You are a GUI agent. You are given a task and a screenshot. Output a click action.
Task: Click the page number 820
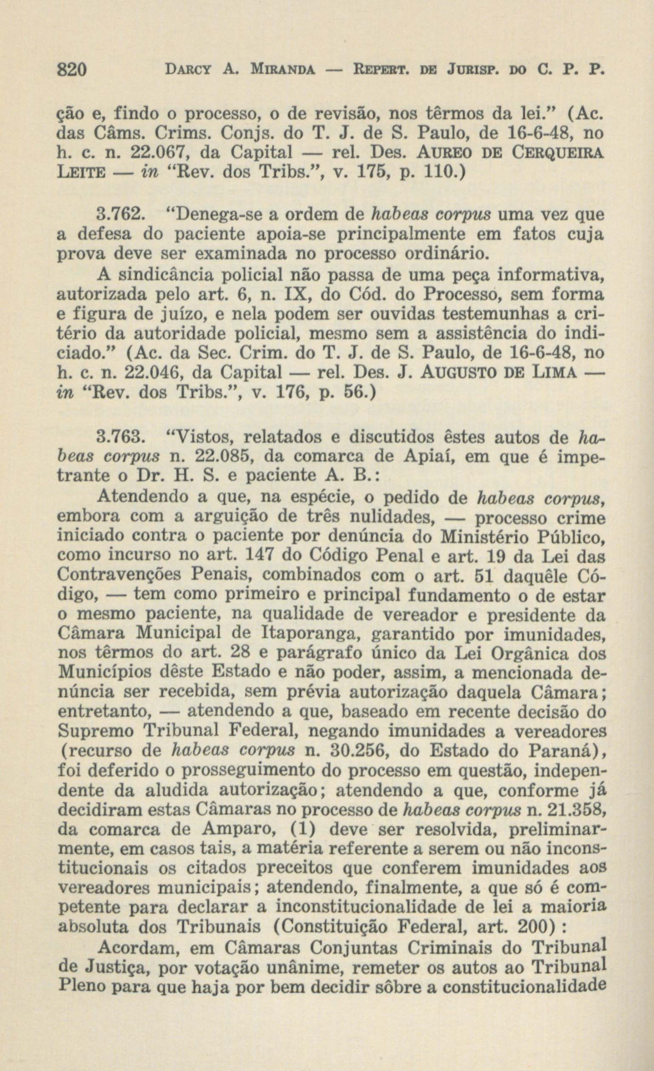coord(73,70)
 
